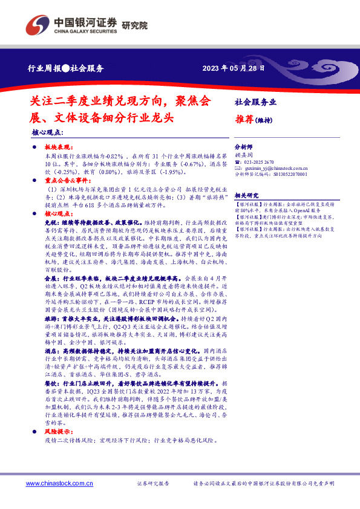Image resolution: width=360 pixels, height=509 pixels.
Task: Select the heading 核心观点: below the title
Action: [47, 131]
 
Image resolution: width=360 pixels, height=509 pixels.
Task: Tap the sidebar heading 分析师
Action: [242, 147]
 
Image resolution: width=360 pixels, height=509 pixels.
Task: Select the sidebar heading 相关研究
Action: [246, 195]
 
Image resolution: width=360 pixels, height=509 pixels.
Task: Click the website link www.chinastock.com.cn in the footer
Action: [58, 484]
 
